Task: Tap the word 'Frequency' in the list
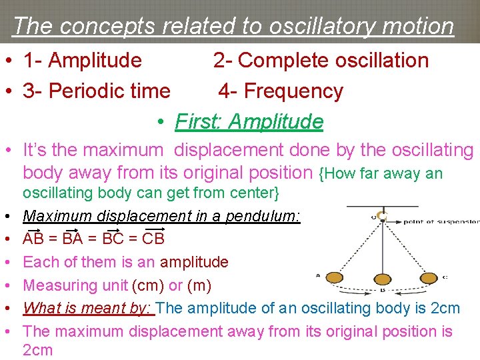(x=293, y=91)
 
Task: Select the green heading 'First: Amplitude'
(x=249, y=121)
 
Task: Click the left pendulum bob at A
(x=334, y=276)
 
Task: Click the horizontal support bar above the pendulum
(x=383, y=206)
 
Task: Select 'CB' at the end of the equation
(x=153, y=239)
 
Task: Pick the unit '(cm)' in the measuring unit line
(x=150, y=285)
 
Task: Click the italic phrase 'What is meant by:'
(x=89, y=308)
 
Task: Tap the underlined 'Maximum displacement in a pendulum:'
(x=162, y=216)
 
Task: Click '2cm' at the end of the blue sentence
(x=445, y=308)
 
